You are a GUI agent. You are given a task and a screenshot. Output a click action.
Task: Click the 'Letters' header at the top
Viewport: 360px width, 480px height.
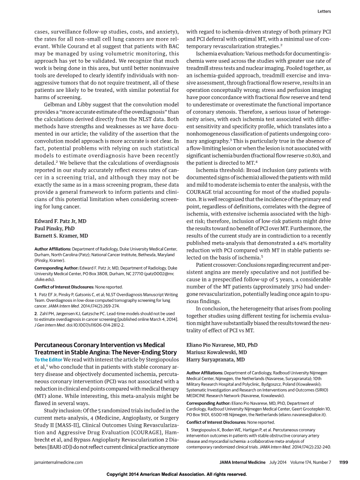coord(324,11)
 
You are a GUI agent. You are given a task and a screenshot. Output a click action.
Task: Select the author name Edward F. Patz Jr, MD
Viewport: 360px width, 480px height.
coord(60,221)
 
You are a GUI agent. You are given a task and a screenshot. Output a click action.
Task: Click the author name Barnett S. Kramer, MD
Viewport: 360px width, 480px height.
coord(61,236)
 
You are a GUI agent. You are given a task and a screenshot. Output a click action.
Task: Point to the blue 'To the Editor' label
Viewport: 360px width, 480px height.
coord(48,359)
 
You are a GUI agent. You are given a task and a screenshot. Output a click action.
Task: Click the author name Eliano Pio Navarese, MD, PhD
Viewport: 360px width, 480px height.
coord(222,345)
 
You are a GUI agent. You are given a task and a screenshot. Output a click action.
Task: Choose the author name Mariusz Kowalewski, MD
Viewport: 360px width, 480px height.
coord(216,352)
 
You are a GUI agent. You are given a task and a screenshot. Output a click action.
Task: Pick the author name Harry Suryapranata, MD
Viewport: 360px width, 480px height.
coord(216,360)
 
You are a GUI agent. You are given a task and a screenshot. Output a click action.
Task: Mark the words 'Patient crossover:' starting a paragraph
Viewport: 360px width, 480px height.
coord(215,265)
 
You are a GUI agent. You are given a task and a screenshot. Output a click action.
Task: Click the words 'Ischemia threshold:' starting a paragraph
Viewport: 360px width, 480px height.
coord(217,171)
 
